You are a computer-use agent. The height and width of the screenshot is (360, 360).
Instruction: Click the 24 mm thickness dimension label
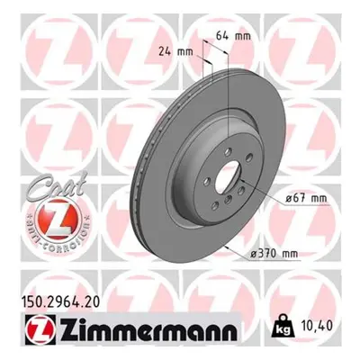175,51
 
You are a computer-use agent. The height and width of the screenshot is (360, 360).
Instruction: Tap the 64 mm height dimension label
233,36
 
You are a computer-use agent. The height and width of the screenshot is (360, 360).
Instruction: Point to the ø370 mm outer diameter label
274,254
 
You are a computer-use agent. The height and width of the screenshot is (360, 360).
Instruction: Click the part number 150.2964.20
60,301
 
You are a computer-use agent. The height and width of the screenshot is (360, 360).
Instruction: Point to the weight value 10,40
315,326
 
